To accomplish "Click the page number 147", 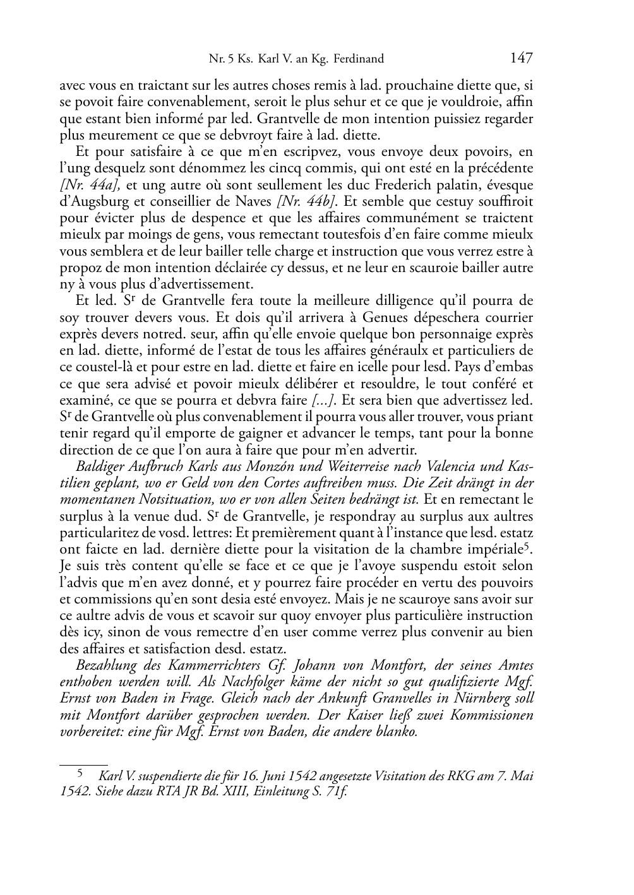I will pyautogui.click(x=522, y=59).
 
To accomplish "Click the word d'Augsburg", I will pyautogui.click(x=90, y=201).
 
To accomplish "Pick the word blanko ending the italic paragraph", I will pyautogui.click(x=400, y=732).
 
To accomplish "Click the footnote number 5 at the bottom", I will pyautogui.click(x=80, y=773).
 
